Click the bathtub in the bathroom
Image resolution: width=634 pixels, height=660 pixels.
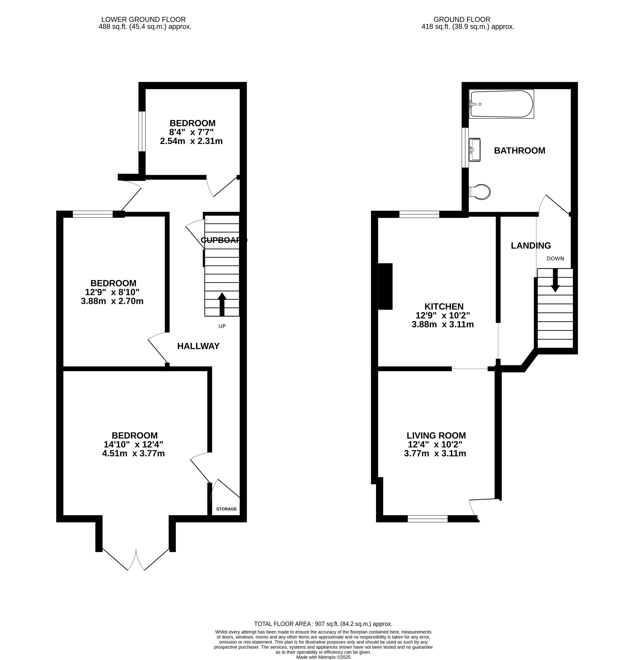click(x=501, y=104)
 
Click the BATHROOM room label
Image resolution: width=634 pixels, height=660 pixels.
click(x=519, y=150)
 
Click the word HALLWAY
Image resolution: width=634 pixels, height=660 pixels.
click(x=198, y=346)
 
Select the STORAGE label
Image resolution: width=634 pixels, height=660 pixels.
click(x=226, y=509)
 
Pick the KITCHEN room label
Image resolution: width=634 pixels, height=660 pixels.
click(x=444, y=306)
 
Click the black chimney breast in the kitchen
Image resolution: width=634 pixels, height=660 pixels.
click(x=386, y=286)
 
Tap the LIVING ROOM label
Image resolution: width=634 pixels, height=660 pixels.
click(x=436, y=435)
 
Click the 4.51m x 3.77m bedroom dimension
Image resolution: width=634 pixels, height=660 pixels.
click(x=133, y=453)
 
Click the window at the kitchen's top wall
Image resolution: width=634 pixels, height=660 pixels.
click(x=419, y=214)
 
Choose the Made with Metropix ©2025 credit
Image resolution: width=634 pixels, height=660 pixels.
click(x=323, y=657)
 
